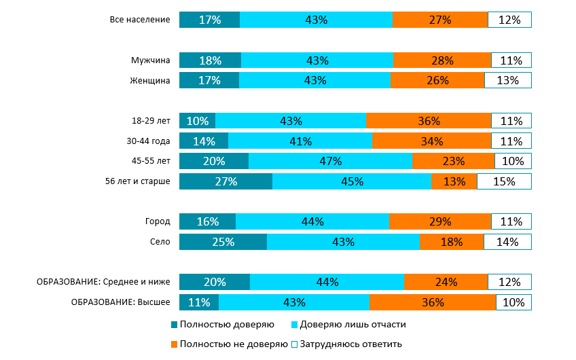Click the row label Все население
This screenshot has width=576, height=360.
pos(139,20)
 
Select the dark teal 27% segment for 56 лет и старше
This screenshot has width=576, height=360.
pos(226,182)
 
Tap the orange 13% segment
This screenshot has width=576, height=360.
pos(454,182)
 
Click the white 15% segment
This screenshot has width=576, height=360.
pos(504,182)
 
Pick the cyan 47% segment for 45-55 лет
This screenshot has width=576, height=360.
pos(330,162)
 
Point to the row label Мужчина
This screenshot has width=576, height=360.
pos(150,61)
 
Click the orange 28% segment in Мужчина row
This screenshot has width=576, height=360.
pos(442,61)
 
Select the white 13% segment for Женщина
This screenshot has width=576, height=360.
pos(507,81)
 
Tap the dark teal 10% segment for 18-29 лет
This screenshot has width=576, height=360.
pos(197,122)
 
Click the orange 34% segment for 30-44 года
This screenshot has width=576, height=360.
pos(432,141)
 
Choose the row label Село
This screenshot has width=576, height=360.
pos(160,242)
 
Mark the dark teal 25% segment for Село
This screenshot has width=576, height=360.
pos(223,242)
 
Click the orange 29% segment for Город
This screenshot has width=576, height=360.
pos(440,222)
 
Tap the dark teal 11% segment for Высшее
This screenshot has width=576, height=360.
pos(199,303)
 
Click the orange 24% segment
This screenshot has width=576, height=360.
pos(446,283)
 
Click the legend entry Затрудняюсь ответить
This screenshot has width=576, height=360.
pos(351,344)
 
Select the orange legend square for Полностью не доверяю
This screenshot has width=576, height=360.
pos(175,344)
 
